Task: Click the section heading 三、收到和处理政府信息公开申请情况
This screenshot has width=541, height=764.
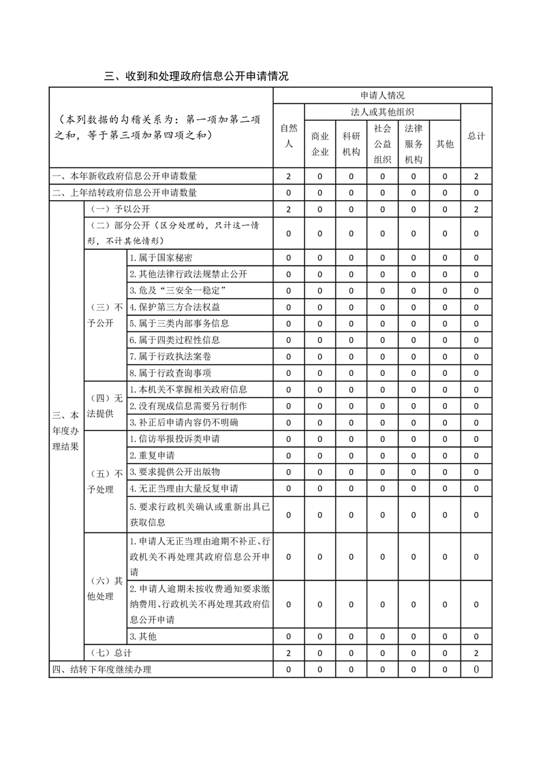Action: click(x=196, y=76)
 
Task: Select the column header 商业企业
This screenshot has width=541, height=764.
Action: click(x=320, y=144)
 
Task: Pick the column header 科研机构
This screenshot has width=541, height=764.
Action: click(x=351, y=144)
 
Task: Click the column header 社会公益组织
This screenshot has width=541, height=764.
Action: click(x=382, y=144)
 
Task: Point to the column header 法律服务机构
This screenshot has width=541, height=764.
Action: click(x=414, y=144)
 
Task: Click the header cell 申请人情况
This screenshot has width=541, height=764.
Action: click(x=382, y=95)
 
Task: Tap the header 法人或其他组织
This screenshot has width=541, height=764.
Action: click(x=382, y=112)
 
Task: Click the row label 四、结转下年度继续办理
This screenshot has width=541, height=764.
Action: click(x=102, y=669)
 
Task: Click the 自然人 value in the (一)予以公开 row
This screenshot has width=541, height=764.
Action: click(x=289, y=209)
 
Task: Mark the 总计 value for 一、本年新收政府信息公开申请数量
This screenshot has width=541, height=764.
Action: click(x=476, y=176)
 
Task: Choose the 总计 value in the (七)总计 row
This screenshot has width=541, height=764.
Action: click(x=476, y=653)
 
